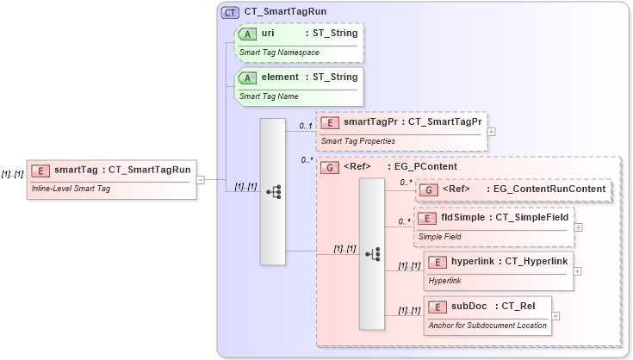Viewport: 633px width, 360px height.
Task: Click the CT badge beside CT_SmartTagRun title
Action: point(230,12)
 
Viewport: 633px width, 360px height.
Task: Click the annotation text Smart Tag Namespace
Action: point(279,53)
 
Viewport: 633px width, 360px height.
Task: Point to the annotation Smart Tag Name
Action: point(269,96)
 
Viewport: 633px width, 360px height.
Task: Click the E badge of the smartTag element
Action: point(40,170)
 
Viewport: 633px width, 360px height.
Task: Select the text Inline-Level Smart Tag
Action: point(71,188)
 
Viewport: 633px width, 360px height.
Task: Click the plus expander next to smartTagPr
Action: point(491,132)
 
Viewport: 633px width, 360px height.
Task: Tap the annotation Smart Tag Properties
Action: point(357,140)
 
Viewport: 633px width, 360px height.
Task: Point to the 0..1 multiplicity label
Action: point(305,127)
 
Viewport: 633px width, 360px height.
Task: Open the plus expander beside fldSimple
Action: point(578,227)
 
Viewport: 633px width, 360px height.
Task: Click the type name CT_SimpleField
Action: point(532,217)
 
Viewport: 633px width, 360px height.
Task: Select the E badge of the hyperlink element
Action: point(438,261)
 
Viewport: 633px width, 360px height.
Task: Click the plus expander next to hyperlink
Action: point(577,270)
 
